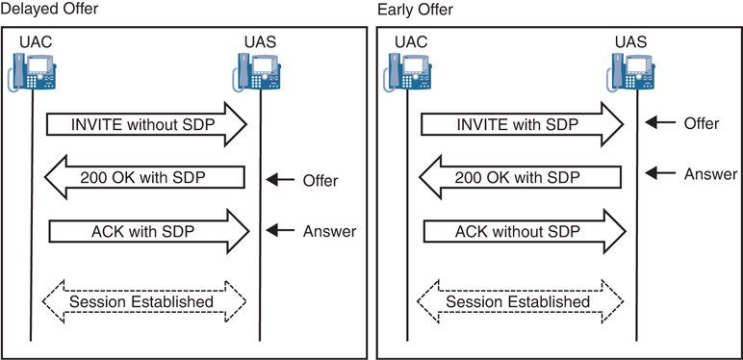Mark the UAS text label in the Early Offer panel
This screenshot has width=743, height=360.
631,41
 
